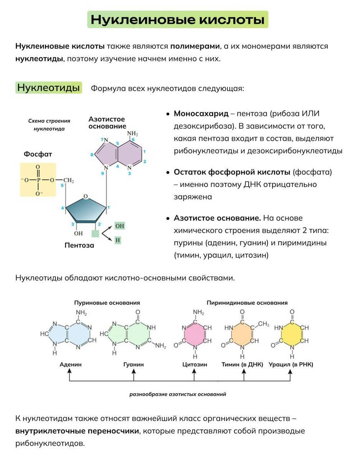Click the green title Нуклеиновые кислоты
[x=177, y=20]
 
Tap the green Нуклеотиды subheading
[x=48, y=88]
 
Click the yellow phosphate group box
[x=38, y=180]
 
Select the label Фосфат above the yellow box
[x=38, y=154]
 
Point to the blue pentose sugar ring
[x=85, y=209]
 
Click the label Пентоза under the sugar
[x=79, y=245]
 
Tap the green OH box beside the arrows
[x=120, y=226]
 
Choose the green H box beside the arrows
[x=118, y=240]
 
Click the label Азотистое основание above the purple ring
[x=107, y=123]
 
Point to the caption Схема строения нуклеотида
[x=49, y=125]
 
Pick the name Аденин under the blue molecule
[x=71, y=364]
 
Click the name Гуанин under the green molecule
[x=134, y=364]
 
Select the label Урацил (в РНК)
[x=291, y=364]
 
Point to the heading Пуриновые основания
[x=107, y=303]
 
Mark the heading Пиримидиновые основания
[x=247, y=303]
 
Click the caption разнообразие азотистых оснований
[x=178, y=394]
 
